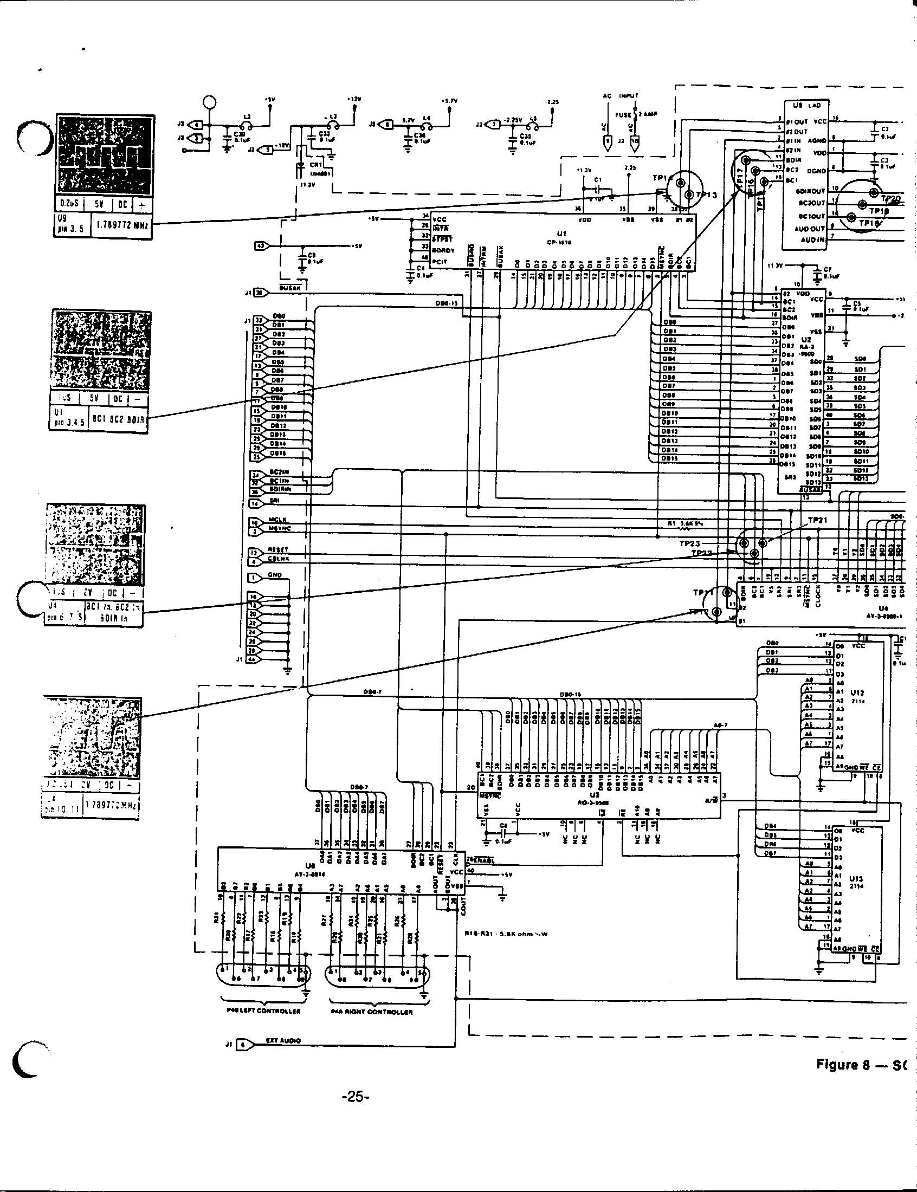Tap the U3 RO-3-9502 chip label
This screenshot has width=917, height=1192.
coord(595,798)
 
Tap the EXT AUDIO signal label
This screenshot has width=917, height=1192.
coord(283,1041)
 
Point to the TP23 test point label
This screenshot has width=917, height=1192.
coord(689,543)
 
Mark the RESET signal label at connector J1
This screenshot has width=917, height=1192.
coord(279,550)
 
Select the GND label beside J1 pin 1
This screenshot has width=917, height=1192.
coord(275,575)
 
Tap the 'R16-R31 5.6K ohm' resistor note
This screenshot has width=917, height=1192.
coord(506,934)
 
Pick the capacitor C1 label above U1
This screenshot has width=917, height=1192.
coord(598,179)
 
